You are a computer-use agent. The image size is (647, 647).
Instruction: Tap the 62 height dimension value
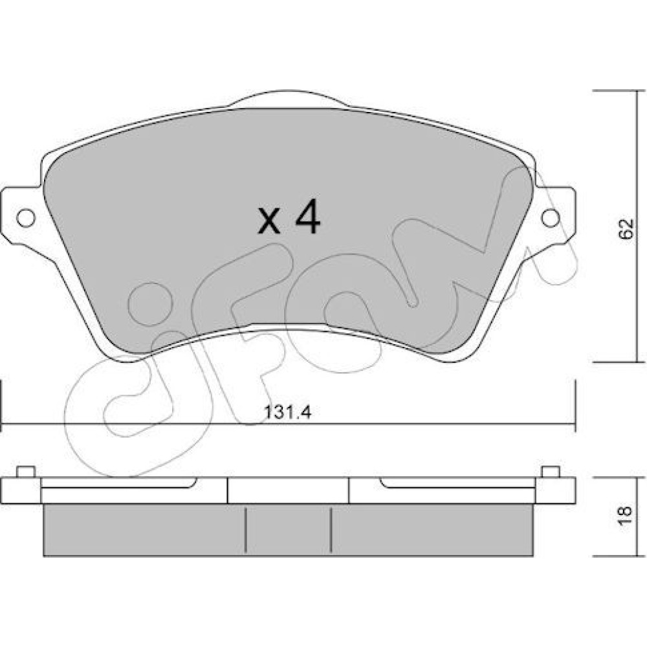626,228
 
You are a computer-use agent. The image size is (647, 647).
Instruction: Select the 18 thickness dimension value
626,516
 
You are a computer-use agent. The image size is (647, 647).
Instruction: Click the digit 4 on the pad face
307,217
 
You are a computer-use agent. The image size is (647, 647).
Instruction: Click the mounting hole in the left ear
26,217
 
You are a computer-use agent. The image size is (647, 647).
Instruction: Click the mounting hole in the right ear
551,217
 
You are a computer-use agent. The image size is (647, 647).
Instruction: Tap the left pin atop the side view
26,472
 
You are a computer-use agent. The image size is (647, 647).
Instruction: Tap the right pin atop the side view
551,472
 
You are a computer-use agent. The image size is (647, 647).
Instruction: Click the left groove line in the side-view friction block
245,530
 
